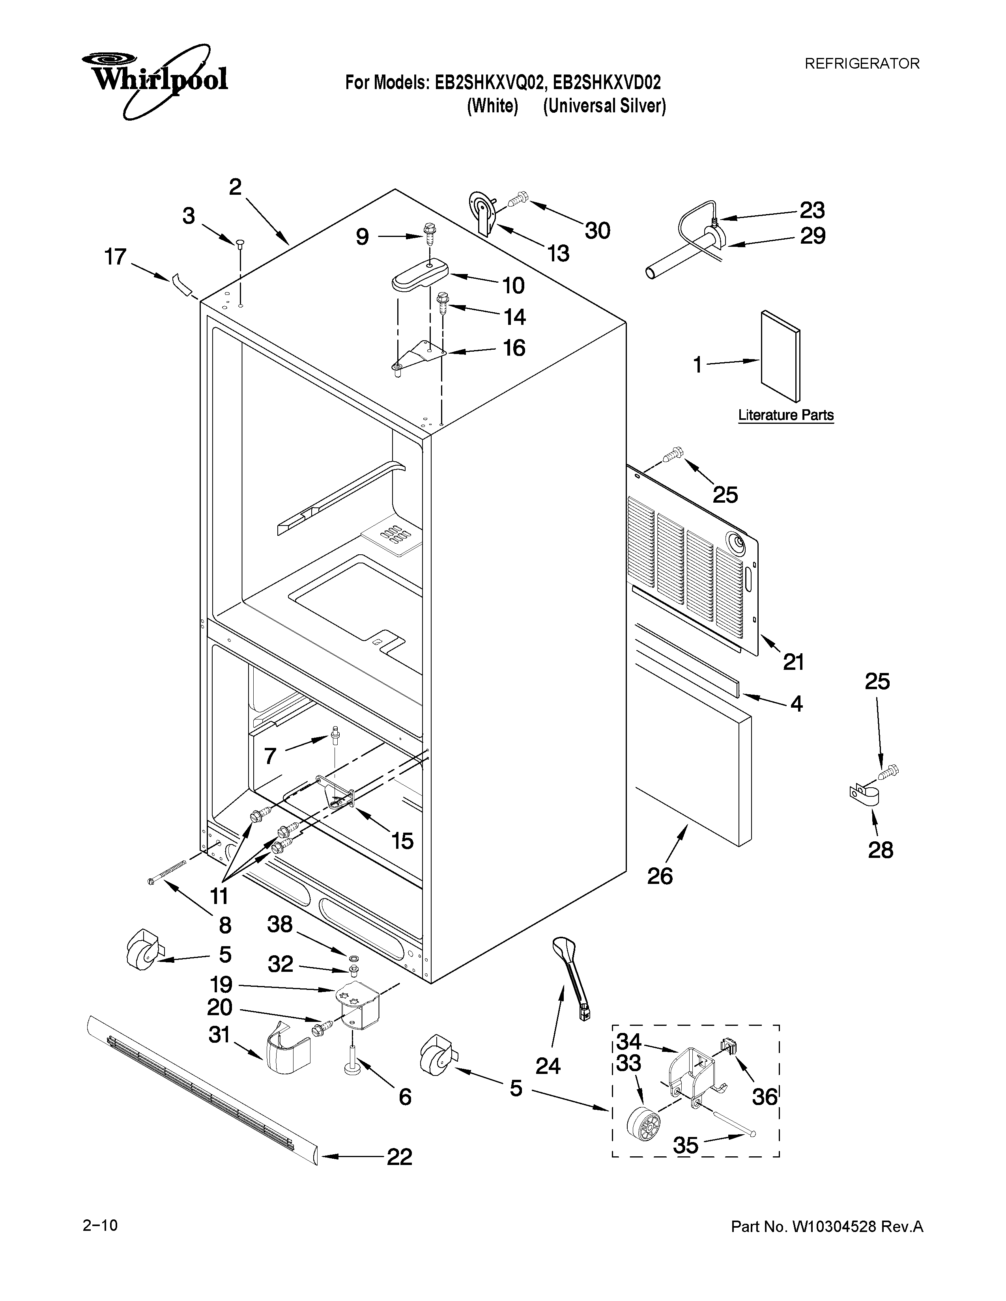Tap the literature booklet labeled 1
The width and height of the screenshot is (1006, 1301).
pyautogui.click(x=780, y=356)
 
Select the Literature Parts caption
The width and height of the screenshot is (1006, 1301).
pyautogui.click(x=785, y=415)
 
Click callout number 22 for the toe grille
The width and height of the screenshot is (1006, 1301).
pyautogui.click(x=399, y=1157)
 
